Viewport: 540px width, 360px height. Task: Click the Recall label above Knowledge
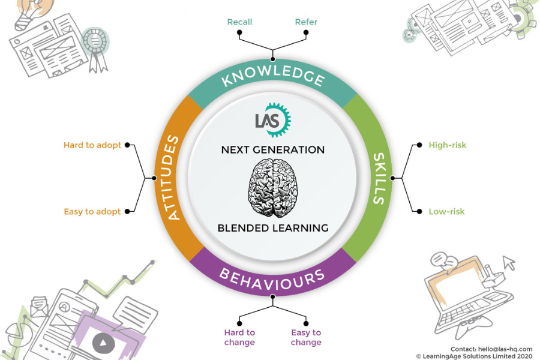pyautogui.click(x=239, y=22)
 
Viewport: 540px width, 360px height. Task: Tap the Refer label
pyautogui.click(x=306, y=22)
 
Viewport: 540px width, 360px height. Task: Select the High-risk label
pyautogui.click(x=447, y=145)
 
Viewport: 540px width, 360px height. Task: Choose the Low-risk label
pyautogui.click(x=446, y=211)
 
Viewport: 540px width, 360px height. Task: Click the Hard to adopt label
pyautogui.click(x=92, y=145)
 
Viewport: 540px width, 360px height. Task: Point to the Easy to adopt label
pyautogui.click(x=92, y=211)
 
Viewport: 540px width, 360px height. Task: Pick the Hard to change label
pyautogui.click(x=239, y=337)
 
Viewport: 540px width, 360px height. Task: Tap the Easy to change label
pyautogui.click(x=306, y=337)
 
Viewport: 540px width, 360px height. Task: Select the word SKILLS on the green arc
pyautogui.click(x=379, y=178)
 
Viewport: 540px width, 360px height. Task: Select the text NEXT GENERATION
pyautogui.click(x=273, y=149)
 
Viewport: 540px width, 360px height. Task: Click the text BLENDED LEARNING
pyautogui.click(x=273, y=228)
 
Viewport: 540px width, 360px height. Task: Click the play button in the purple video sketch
pyautogui.click(x=104, y=343)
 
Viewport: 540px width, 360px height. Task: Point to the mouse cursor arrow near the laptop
pyautogui.click(x=509, y=262)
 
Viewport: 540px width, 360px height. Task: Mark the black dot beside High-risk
pyautogui.click(x=418, y=145)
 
